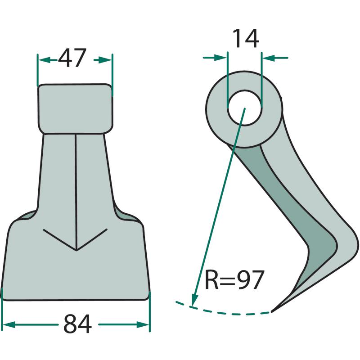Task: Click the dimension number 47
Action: coord(72,58)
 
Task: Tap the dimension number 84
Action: coord(77,324)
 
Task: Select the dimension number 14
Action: coord(246,39)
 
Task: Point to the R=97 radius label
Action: coord(234,279)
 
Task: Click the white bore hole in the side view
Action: coord(244,108)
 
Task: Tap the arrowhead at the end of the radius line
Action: coord(195,300)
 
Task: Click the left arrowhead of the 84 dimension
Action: coord(9,324)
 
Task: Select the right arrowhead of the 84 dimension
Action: coord(143,324)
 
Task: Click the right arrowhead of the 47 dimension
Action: coord(105,60)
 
